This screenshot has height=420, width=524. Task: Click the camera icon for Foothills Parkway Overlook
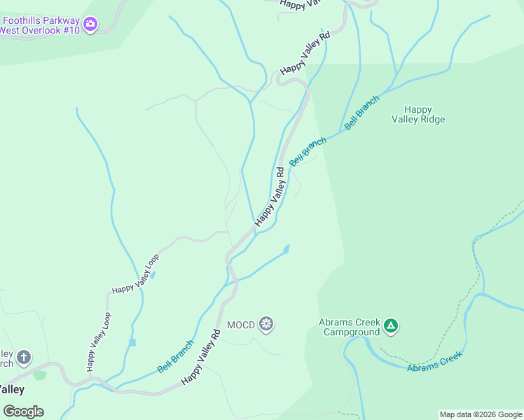click(90, 25)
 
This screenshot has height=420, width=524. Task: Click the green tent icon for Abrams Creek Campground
click(391, 325)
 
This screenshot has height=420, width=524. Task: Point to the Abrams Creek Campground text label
click(349, 327)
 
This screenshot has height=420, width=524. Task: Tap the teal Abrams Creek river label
click(435, 361)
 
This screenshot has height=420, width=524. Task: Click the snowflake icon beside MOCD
click(266, 324)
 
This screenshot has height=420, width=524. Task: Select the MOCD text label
click(241, 325)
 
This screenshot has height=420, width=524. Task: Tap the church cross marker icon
click(24, 358)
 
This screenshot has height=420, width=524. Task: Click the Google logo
click(24, 412)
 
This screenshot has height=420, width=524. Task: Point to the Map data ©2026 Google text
click(481, 414)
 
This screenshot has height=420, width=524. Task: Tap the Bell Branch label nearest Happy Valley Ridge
click(362, 111)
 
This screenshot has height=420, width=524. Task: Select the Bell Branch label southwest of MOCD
click(175, 356)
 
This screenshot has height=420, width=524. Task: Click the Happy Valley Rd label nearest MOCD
click(202, 357)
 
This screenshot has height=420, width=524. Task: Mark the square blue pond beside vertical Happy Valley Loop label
click(132, 342)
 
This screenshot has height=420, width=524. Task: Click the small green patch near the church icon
click(39, 374)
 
